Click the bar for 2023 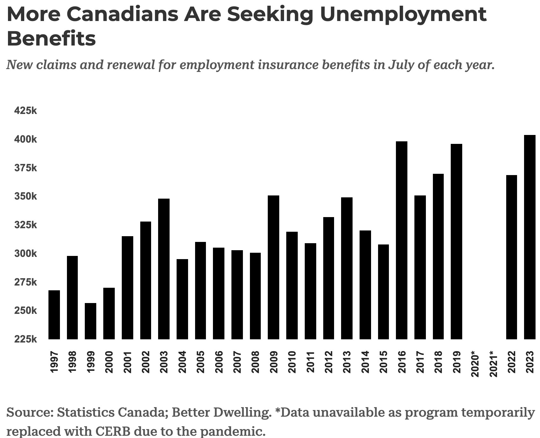529,237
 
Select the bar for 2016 401,240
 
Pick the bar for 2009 274,267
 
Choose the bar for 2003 164,269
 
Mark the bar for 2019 456,242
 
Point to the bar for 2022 511,257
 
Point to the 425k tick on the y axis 26,111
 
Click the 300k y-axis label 26,254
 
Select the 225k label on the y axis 26,339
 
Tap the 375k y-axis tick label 26,168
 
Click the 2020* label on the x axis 475,364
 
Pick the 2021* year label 493,364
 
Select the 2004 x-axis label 182,362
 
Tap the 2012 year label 329,362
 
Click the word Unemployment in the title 403,14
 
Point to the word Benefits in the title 51,39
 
